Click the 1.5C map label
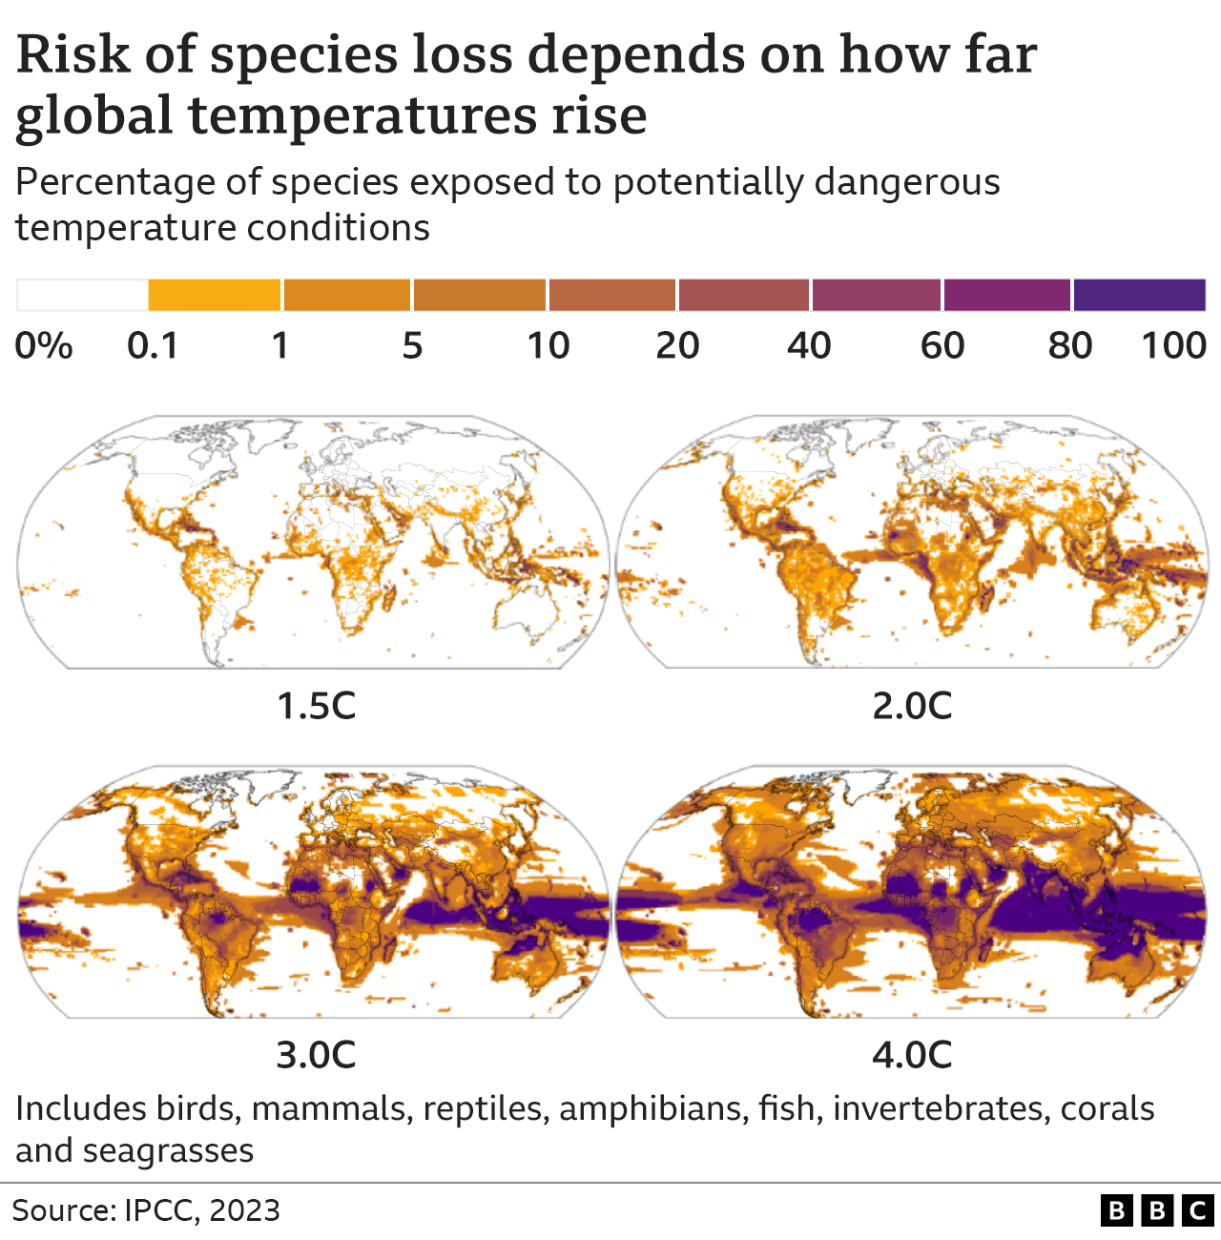coord(316,706)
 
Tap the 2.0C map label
coord(912,706)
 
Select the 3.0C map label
coord(316,1055)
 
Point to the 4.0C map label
coord(912,1055)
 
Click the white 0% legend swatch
coord(82,296)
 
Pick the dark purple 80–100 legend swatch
coord(1139,296)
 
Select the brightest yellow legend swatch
coord(215,296)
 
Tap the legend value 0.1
coord(153,345)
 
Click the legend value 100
coord(1174,345)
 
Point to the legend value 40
coord(809,345)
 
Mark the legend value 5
coord(412,345)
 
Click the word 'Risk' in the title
coord(72,54)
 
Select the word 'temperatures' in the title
coord(362,115)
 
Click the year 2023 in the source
coord(244,1210)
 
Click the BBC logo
coord(1156,1210)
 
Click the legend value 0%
coord(44,345)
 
